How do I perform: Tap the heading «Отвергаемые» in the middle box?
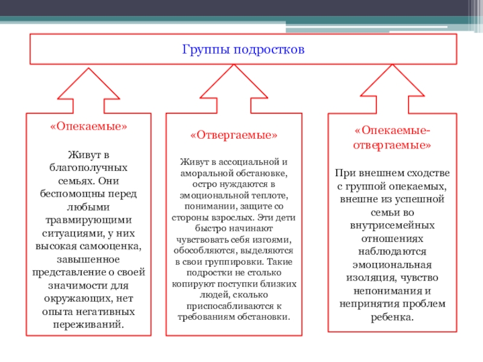click(234, 135)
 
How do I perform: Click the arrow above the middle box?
click(233, 87)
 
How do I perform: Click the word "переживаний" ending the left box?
click(88, 324)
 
